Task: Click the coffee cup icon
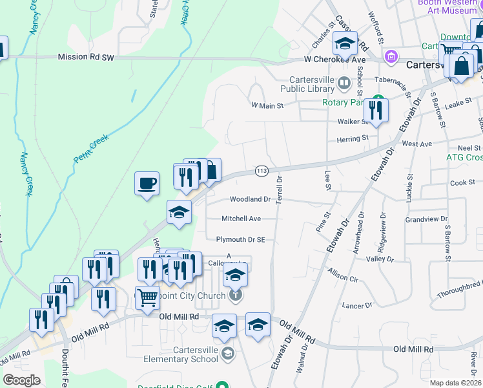click(x=147, y=182)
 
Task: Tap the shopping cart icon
click(x=148, y=298)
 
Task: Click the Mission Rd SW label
click(x=85, y=57)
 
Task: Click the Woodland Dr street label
click(x=250, y=199)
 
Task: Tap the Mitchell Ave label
click(x=241, y=219)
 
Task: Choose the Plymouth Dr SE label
click(x=241, y=239)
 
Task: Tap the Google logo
click(x=22, y=380)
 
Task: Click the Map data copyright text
click(x=455, y=383)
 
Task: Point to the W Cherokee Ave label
click(x=331, y=59)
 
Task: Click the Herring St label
click(x=352, y=138)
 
